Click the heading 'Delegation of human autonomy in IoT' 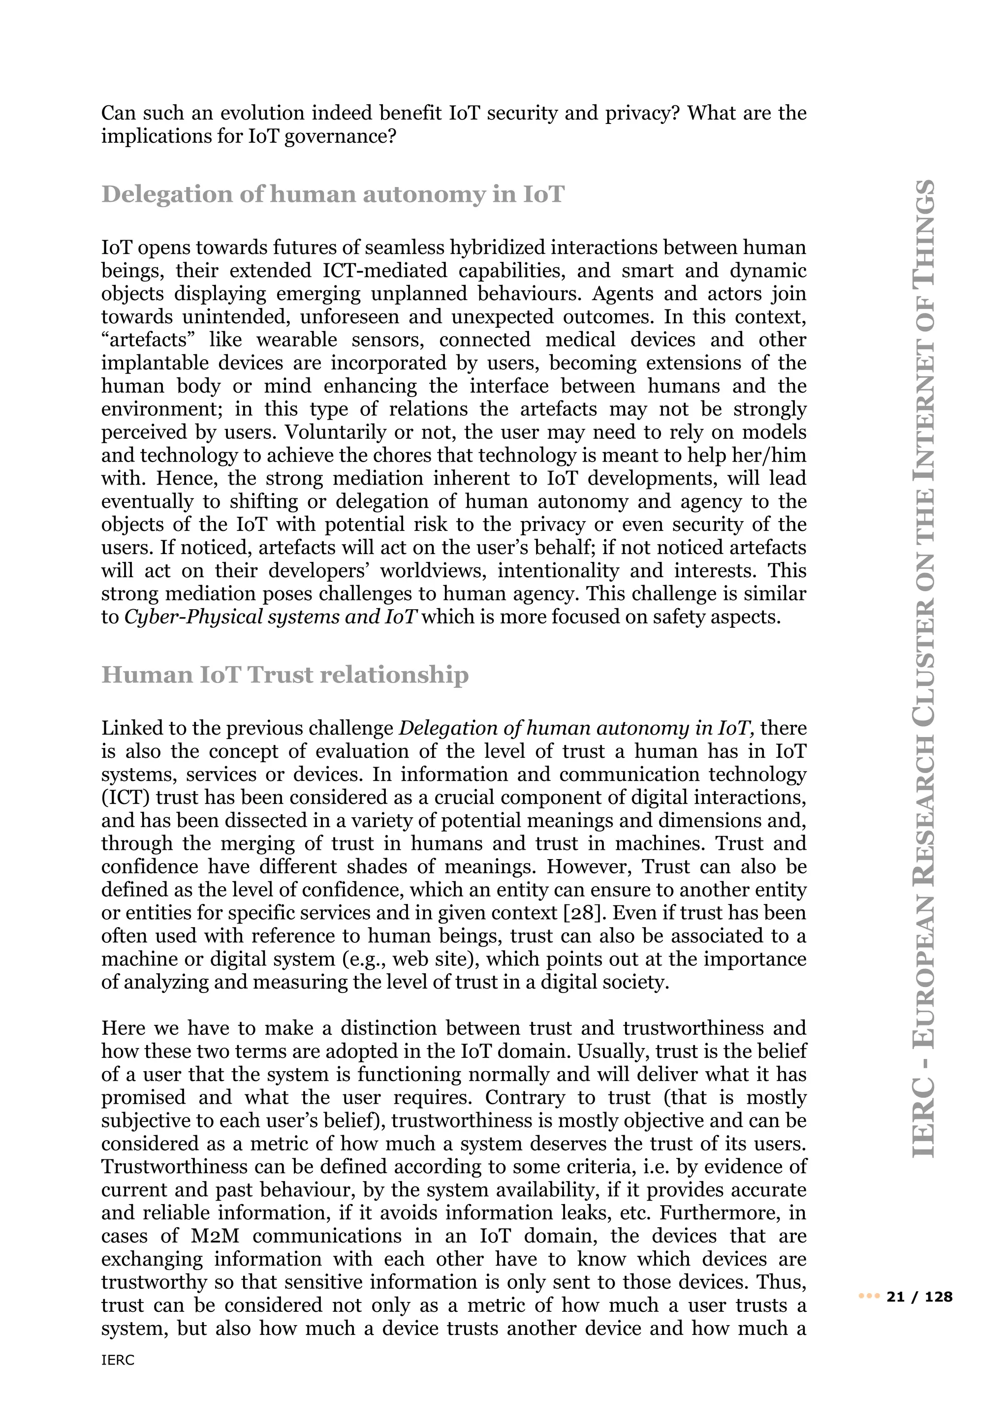pyautogui.click(x=333, y=194)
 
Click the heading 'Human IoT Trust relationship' pyautogui.click(x=285, y=675)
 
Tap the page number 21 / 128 pyautogui.click(x=920, y=1297)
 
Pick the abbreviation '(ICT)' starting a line pyautogui.click(x=124, y=798)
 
